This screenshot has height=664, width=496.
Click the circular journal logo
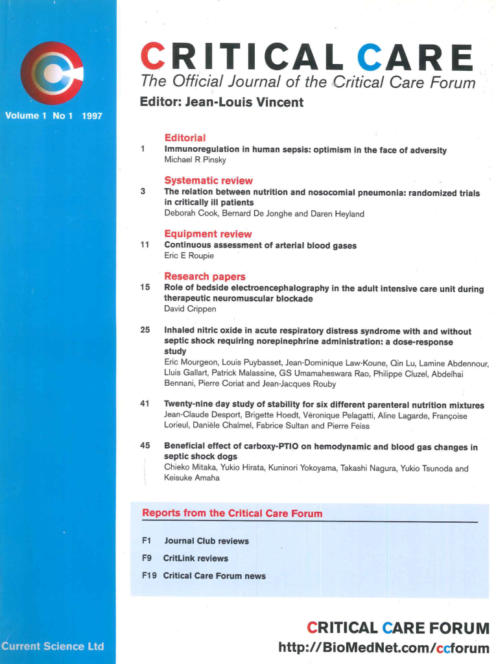pyautogui.click(x=52, y=73)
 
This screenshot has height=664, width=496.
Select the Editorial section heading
pyautogui.click(x=185, y=137)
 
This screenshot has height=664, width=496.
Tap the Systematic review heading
pyautogui.click(x=208, y=180)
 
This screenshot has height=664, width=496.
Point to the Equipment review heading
pyautogui.click(x=207, y=233)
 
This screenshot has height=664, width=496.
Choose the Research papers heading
pyautogui.click(x=204, y=276)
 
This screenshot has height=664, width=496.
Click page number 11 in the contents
pyautogui.click(x=145, y=245)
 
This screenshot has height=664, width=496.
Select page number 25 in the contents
pyautogui.click(x=145, y=330)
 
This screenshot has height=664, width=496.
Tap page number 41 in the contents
pyautogui.click(x=145, y=405)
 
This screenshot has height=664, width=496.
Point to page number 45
pyautogui.click(x=145, y=446)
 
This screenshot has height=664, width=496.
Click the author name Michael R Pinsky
pyautogui.click(x=195, y=160)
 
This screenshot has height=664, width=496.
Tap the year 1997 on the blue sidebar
pyautogui.click(x=93, y=115)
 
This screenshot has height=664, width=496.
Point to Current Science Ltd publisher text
pyautogui.click(x=53, y=646)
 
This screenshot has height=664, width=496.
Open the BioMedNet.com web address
pyautogui.click(x=383, y=647)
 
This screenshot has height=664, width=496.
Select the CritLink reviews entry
pyautogui.click(x=195, y=558)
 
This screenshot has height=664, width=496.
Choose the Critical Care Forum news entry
pyautogui.click(x=214, y=575)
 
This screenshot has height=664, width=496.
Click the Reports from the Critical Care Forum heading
pyautogui.click(x=232, y=514)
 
